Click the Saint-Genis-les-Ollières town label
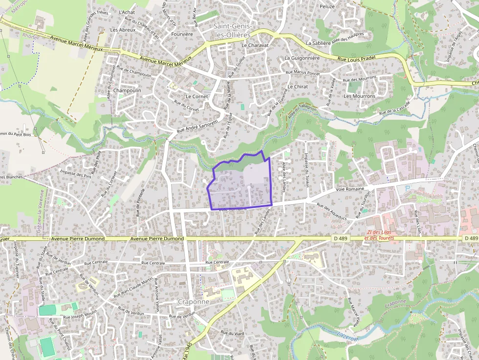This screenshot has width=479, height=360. (x=233, y=30)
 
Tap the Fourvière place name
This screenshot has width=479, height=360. (x=182, y=34)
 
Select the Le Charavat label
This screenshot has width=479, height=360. (x=256, y=45)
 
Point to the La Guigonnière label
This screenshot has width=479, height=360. (x=302, y=58)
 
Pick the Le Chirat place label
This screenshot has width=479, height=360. (x=298, y=86)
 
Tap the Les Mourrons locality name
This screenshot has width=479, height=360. (x=359, y=96)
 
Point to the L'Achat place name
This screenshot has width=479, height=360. (x=127, y=13)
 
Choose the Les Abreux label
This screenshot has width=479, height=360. (x=123, y=30)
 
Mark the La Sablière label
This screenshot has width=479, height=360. (x=318, y=43)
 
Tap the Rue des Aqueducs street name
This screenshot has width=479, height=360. (x=332, y=211)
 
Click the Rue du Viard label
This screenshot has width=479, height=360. (x=233, y=333)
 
